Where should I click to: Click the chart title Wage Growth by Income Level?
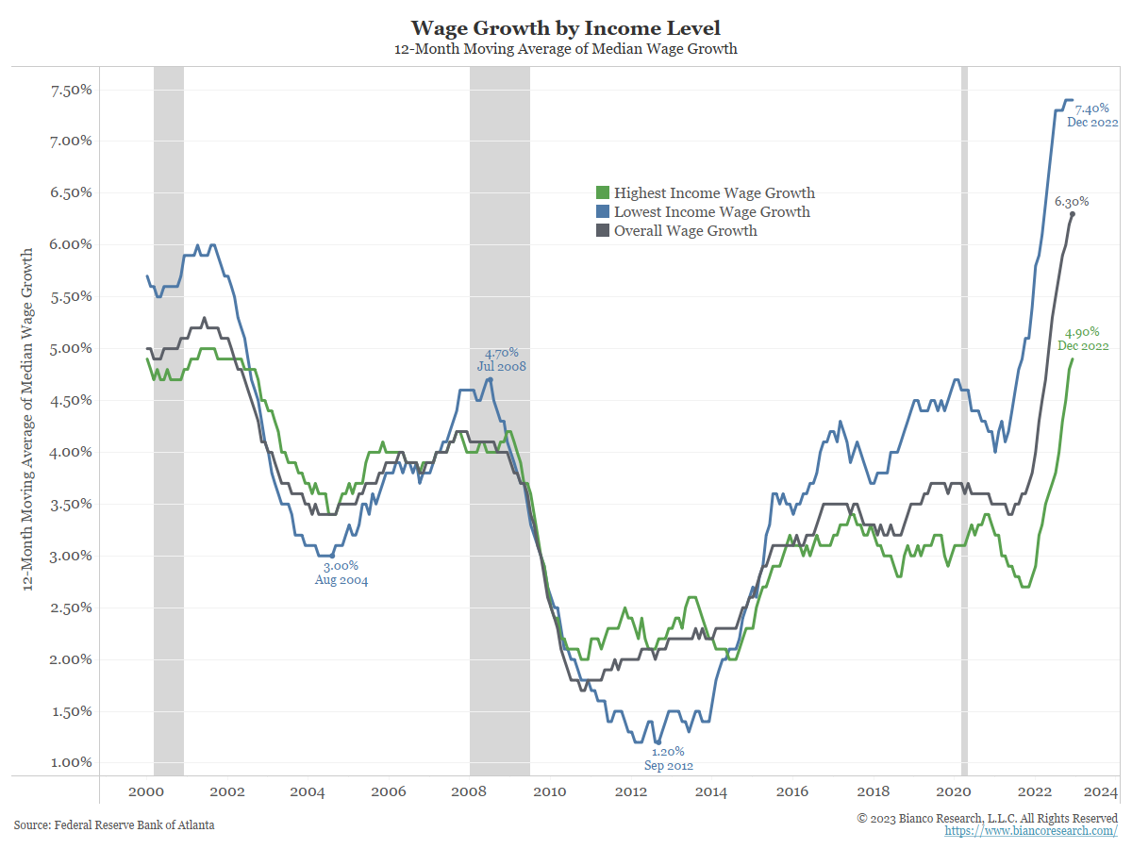(565, 27)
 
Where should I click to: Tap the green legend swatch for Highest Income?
(605, 193)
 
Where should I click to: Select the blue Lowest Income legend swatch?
(605, 212)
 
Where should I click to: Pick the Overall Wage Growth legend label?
(685, 231)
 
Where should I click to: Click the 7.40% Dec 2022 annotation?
(1092, 116)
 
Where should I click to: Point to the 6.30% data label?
(1071, 202)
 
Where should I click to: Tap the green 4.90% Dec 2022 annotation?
(1082, 340)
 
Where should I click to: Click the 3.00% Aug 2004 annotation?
(341, 574)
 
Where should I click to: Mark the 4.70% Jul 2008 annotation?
(499, 359)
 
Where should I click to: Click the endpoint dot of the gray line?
(1073, 214)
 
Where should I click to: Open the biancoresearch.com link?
(1031, 831)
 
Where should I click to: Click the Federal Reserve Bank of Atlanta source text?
(114, 825)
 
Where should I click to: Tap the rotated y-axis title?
(28, 419)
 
